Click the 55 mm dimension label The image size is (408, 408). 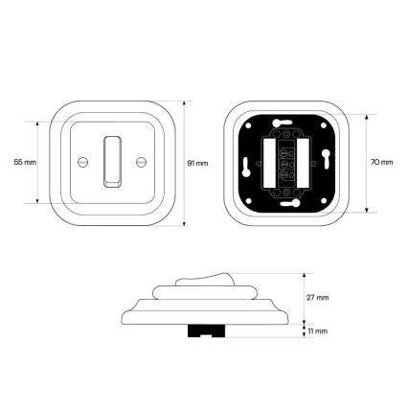(x=25, y=162)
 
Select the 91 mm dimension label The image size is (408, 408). (x=197, y=163)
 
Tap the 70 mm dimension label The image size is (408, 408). (x=382, y=162)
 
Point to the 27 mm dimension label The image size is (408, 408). (x=318, y=298)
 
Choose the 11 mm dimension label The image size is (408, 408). (x=317, y=331)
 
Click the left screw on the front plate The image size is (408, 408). (x=82, y=162)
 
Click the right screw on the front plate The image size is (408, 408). (x=141, y=162)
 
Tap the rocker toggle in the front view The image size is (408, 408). (x=112, y=162)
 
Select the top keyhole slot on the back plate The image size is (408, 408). (x=282, y=122)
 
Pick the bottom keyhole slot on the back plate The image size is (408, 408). (x=290, y=203)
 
